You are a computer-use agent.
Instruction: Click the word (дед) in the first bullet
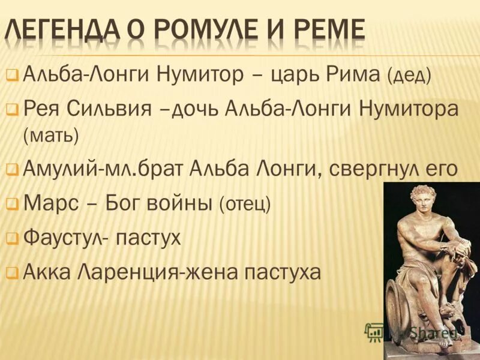coord(409,77)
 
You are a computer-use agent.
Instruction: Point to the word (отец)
coord(245,205)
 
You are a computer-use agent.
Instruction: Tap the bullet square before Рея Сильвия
coord(12,111)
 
